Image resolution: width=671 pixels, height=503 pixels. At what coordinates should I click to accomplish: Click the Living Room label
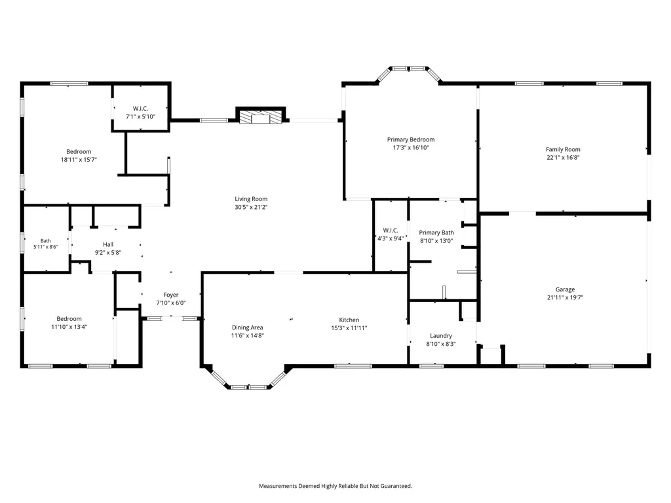pos(251,199)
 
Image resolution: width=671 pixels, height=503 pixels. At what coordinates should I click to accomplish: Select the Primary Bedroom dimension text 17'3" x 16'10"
pos(411,147)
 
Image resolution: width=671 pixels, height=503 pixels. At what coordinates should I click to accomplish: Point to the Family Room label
pos(563,149)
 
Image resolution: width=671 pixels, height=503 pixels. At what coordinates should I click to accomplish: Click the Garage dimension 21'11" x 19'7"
pos(565,297)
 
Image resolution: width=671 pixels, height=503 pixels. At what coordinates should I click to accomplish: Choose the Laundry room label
pos(441,336)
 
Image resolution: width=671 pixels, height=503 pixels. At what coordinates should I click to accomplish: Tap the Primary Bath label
pos(436,233)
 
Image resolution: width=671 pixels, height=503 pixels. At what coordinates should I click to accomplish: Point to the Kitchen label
pos(349,320)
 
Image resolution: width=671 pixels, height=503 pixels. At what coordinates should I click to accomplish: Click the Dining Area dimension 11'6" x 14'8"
pos(247,335)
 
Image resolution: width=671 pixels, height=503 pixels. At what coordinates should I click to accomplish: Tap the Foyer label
pos(171,295)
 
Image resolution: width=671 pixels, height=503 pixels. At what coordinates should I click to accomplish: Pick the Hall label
pos(108,245)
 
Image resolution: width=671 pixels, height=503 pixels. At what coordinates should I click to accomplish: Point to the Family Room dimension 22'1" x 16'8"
pos(563,157)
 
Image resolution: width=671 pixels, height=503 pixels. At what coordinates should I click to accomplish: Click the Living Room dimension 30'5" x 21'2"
pos(251,207)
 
